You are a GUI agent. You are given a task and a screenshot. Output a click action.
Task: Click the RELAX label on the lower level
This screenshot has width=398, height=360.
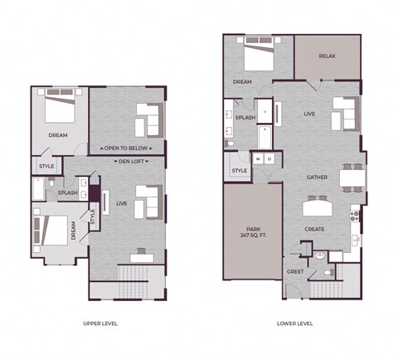(328, 56)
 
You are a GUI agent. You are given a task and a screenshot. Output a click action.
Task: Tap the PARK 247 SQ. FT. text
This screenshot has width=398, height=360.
(253, 233)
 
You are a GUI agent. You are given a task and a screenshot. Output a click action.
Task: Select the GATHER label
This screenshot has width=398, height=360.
(316, 178)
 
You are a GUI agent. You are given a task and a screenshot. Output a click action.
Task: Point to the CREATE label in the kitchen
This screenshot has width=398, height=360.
(314, 229)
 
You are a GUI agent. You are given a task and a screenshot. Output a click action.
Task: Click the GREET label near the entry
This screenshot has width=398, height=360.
(295, 271)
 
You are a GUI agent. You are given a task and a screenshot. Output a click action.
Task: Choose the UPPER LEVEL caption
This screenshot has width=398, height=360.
(100, 324)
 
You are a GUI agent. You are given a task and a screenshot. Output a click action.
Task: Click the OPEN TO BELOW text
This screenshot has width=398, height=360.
(127, 148)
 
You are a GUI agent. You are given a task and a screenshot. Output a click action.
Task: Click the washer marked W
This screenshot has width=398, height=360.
(258, 158)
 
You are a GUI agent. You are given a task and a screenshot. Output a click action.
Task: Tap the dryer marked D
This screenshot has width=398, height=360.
(269, 158)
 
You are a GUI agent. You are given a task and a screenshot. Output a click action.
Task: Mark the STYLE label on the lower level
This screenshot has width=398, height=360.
(239, 171)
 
